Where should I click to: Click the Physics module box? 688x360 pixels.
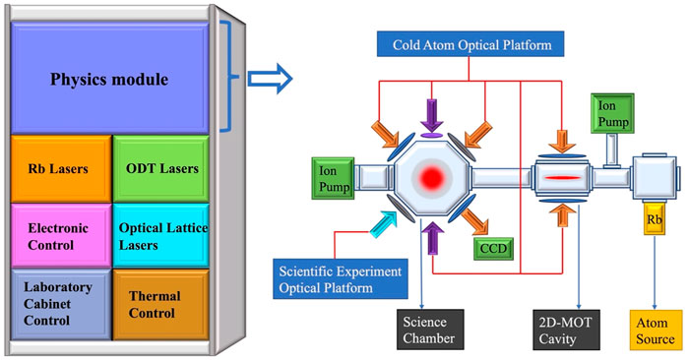click(x=110, y=78)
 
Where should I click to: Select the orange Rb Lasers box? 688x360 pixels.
click(x=58, y=168)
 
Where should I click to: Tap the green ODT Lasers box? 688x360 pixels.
click(x=158, y=168)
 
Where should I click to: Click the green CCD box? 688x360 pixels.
click(x=491, y=247)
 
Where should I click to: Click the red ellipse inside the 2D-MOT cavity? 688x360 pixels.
click(x=562, y=177)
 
